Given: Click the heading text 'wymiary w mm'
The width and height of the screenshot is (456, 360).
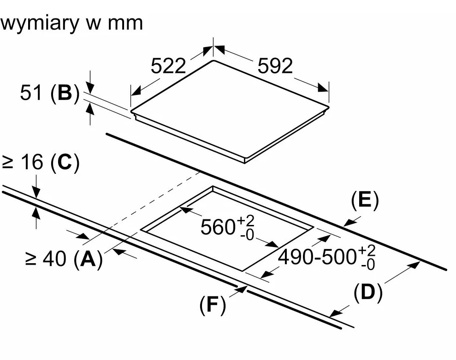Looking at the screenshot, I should coord(71,23).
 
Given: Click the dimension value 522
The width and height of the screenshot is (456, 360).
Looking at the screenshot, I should coord(168,66).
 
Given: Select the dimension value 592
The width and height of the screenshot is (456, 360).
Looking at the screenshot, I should coord(275,66).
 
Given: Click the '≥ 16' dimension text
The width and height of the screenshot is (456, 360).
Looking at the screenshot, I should coord(23,163).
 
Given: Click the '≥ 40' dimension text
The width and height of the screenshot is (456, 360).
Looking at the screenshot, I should coord(46,259).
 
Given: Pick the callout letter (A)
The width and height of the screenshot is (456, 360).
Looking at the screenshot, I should coord(88,259).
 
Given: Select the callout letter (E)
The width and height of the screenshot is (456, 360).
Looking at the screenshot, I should coord(364,201).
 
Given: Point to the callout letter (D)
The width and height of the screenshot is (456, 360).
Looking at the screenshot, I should coord(368,293).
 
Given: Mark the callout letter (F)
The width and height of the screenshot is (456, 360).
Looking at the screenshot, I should coord(213,305).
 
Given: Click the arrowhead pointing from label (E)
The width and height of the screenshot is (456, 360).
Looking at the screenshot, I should coord(349,224).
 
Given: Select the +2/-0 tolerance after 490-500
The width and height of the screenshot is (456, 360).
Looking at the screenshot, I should coord(368,258).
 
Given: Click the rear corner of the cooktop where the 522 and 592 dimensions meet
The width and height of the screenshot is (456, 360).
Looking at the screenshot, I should coord(213,60).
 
